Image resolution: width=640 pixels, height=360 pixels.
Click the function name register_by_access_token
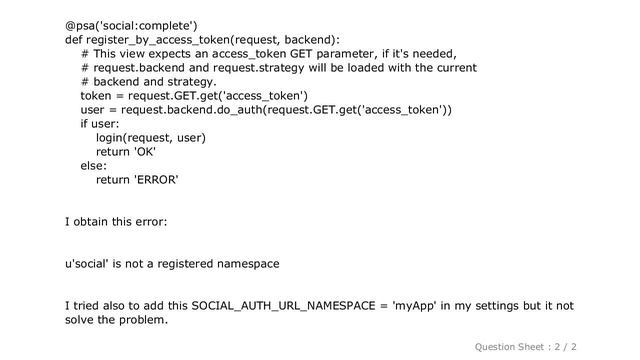[x=159, y=39]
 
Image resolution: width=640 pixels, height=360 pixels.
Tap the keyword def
[x=74, y=39]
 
